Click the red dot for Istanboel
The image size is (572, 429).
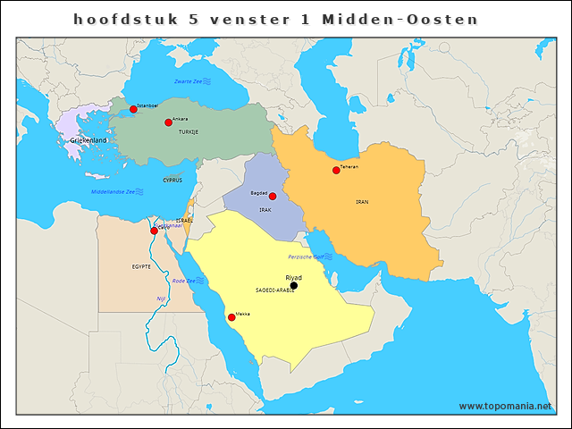(133, 109)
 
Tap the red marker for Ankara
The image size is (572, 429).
(168, 122)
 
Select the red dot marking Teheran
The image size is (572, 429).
(336, 170)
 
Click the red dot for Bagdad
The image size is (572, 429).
(273, 196)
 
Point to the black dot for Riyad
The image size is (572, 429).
(294, 286)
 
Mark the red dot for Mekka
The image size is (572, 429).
(231, 317)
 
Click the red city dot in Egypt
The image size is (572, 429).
(154, 231)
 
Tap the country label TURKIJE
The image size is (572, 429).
(188, 132)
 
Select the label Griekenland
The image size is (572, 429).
(88, 141)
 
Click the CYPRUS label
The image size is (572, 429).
(172, 180)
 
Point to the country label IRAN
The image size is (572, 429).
(362, 202)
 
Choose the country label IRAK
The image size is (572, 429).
(265, 210)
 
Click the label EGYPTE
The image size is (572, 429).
(141, 266)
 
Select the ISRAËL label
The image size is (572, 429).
(184, 220)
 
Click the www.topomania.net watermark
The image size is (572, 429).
(505, 406)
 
